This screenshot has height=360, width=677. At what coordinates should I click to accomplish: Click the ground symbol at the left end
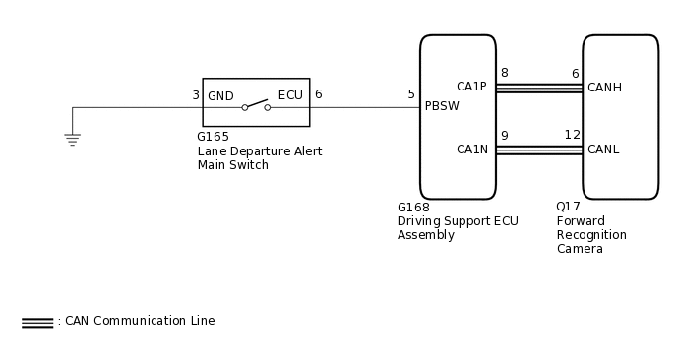(x=72, y=139)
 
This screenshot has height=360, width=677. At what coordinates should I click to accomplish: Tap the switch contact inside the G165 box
(x=256, y=104)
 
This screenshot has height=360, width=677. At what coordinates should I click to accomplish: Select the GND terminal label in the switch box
(x=220, y=96)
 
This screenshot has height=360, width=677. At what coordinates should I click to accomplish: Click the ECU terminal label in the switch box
(x=290, y=95)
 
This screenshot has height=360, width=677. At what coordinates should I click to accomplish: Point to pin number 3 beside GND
(x=196, y=95)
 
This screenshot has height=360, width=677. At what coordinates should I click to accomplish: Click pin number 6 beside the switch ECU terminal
(x=318, y=94)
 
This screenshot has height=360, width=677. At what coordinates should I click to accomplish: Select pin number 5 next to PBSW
(x=411, y=94)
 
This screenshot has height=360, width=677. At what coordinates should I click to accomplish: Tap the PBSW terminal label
(x=442, y=106)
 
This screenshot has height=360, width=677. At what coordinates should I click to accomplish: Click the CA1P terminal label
(x=471, y=87)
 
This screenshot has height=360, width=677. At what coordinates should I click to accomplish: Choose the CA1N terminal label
(x=471, y=150)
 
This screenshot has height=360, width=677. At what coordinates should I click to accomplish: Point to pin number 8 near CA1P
(x=504, y=73)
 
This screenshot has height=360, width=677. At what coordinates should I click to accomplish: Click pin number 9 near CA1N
(x=504, y=136)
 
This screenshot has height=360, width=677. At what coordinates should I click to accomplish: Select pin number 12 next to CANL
(x=572, y=135)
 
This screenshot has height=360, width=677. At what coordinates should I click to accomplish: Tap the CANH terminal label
(x=604, y=88)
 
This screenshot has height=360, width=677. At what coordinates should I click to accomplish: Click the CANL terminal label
(x=603, y=150)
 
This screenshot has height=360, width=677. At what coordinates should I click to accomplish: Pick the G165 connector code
(x=213, y=138)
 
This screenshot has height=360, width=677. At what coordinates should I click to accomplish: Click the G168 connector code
(x=413, y=208)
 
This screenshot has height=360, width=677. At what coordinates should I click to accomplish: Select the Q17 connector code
(x=568, y=207)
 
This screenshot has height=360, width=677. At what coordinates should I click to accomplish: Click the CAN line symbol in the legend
(x=37, y=322)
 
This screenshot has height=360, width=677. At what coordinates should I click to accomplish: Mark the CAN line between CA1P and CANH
(x=538, y=88)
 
